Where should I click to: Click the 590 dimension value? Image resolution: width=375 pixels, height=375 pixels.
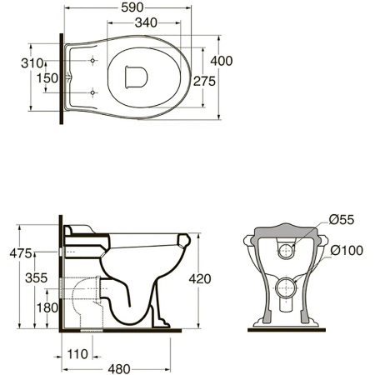coord(132,7)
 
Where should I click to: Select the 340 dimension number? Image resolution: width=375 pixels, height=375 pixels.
coord(146,22)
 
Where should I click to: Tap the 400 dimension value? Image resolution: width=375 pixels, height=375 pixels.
coord(222,61)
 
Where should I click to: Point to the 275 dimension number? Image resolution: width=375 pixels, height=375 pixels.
coord(204,81)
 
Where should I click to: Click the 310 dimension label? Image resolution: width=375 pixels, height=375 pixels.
coord(32,63)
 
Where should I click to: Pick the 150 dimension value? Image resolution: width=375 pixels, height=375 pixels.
coord(47,78)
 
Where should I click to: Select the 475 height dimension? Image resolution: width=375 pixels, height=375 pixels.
coord(21,253)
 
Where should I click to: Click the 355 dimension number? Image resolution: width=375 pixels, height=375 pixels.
coord(37,277)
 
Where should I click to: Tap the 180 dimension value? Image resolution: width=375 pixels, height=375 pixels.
coord(47,307)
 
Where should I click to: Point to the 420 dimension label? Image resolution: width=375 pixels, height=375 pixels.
coord(200,278)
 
